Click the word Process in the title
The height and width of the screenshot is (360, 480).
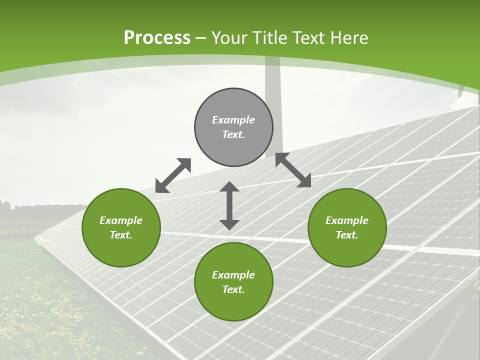[157, 38]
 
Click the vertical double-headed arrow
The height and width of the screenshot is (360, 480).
[229, 205]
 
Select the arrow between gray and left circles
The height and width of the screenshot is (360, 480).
[173, 175]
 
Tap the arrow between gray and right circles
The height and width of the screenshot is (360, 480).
[293, 170]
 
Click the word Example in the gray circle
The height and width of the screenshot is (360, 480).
[233, 120]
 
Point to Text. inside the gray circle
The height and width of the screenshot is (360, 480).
[233, 134]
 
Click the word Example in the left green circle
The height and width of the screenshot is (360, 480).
[121, 220]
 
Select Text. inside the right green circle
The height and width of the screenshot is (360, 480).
[347, 235]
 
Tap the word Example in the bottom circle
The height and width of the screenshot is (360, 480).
[233, 275]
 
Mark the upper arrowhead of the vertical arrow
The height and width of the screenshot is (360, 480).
[229, 187]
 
